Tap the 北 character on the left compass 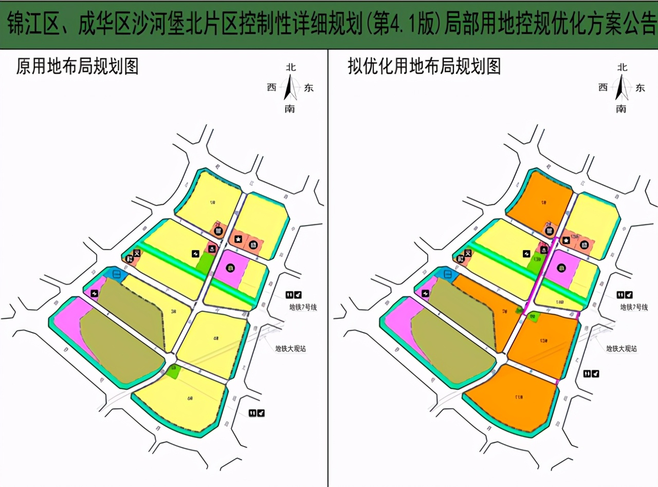291,67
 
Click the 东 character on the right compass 640,87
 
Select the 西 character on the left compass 271,87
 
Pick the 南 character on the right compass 621,108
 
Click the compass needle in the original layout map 290,87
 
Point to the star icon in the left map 238,239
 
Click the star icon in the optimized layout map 566,240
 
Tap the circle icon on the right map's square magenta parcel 561,268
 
